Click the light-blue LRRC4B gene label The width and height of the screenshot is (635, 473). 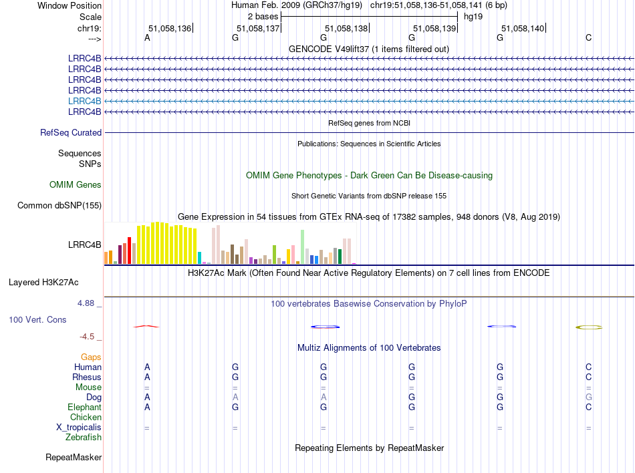click(x=84, y=101)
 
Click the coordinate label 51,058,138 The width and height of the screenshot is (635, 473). click(x=346, y=28)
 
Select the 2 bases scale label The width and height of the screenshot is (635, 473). click(x=263, y=17)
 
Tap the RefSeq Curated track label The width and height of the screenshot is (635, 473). click(x=71, y=132)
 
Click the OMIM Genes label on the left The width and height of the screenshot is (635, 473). click(x=76, y=184)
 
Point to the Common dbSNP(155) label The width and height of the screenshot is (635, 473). click(x=59, y=205)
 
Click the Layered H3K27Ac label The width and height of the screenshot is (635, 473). click(x=43, y=282)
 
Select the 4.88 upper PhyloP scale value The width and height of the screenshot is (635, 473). click(x=86, y=303)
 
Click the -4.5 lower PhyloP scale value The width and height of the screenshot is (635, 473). click(x=87, y=336)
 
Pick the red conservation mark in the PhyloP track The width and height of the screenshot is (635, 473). click(x=146, y=326)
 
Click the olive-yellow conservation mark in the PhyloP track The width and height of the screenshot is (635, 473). click(x=589, y=327)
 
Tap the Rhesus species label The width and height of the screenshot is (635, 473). click(x=87, y=377)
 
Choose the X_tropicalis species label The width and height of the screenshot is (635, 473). click(x=79, y=428)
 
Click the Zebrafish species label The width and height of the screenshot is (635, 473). click(x=84, y=437)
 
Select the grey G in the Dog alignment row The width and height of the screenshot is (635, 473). click(x=588, y=397)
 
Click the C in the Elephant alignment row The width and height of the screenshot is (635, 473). click(x=588, y=407)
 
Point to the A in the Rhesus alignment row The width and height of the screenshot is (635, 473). click(x=147, y=377)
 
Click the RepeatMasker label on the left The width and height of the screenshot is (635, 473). click(x=74, y=457)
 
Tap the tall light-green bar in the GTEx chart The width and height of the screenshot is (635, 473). click(x=302, y=247)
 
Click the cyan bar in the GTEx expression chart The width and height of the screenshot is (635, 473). click(x=199, y=258)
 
